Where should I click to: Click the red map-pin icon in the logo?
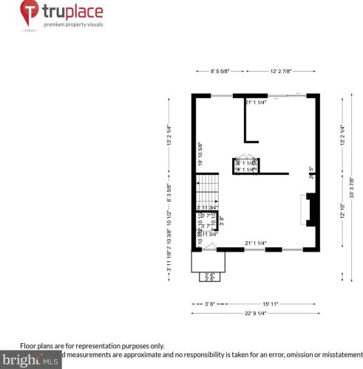coord(29,13)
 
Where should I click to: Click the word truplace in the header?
coord(72,11)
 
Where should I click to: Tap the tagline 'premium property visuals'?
coord(72,25)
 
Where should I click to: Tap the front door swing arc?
coord(210,246)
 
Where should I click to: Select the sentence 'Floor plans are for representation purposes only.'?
coord(92,345)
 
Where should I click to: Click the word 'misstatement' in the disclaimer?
coord(339,354)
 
